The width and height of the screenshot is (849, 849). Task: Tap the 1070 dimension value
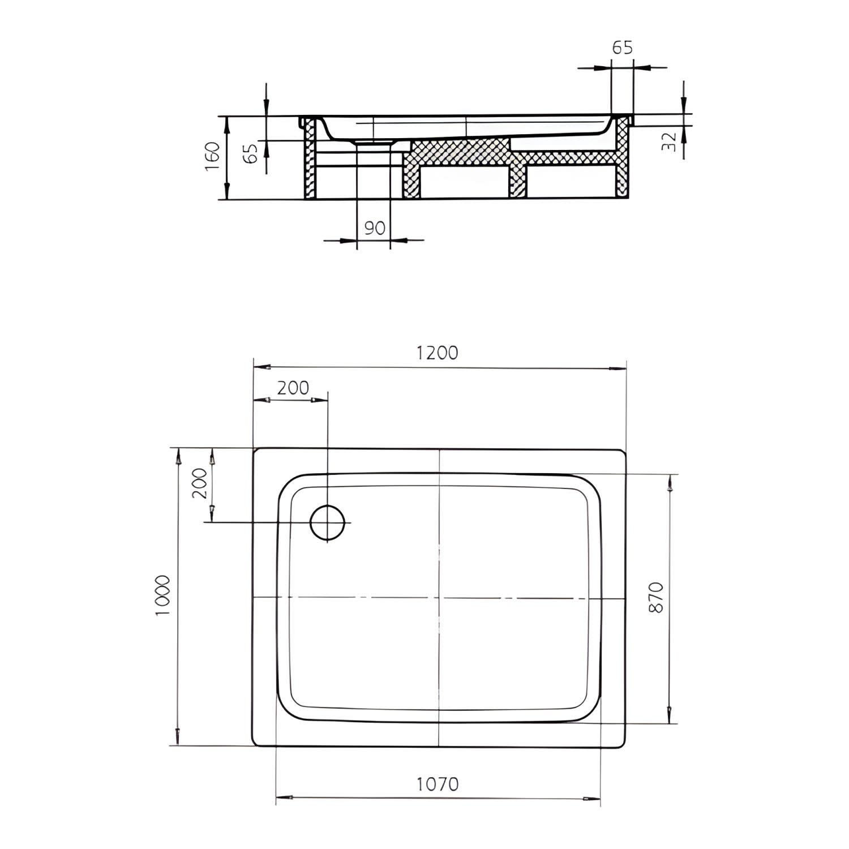click(438, 784)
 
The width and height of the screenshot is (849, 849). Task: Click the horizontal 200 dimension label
click(293, 388)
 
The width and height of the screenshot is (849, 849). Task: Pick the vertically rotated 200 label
click(199, 483)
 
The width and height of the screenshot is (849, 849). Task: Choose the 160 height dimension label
click(213, 157)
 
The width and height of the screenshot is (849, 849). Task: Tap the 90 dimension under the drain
click(375, 228)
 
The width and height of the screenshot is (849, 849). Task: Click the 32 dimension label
click(668, 141)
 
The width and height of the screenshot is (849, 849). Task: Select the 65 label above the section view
click(622, 48)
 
